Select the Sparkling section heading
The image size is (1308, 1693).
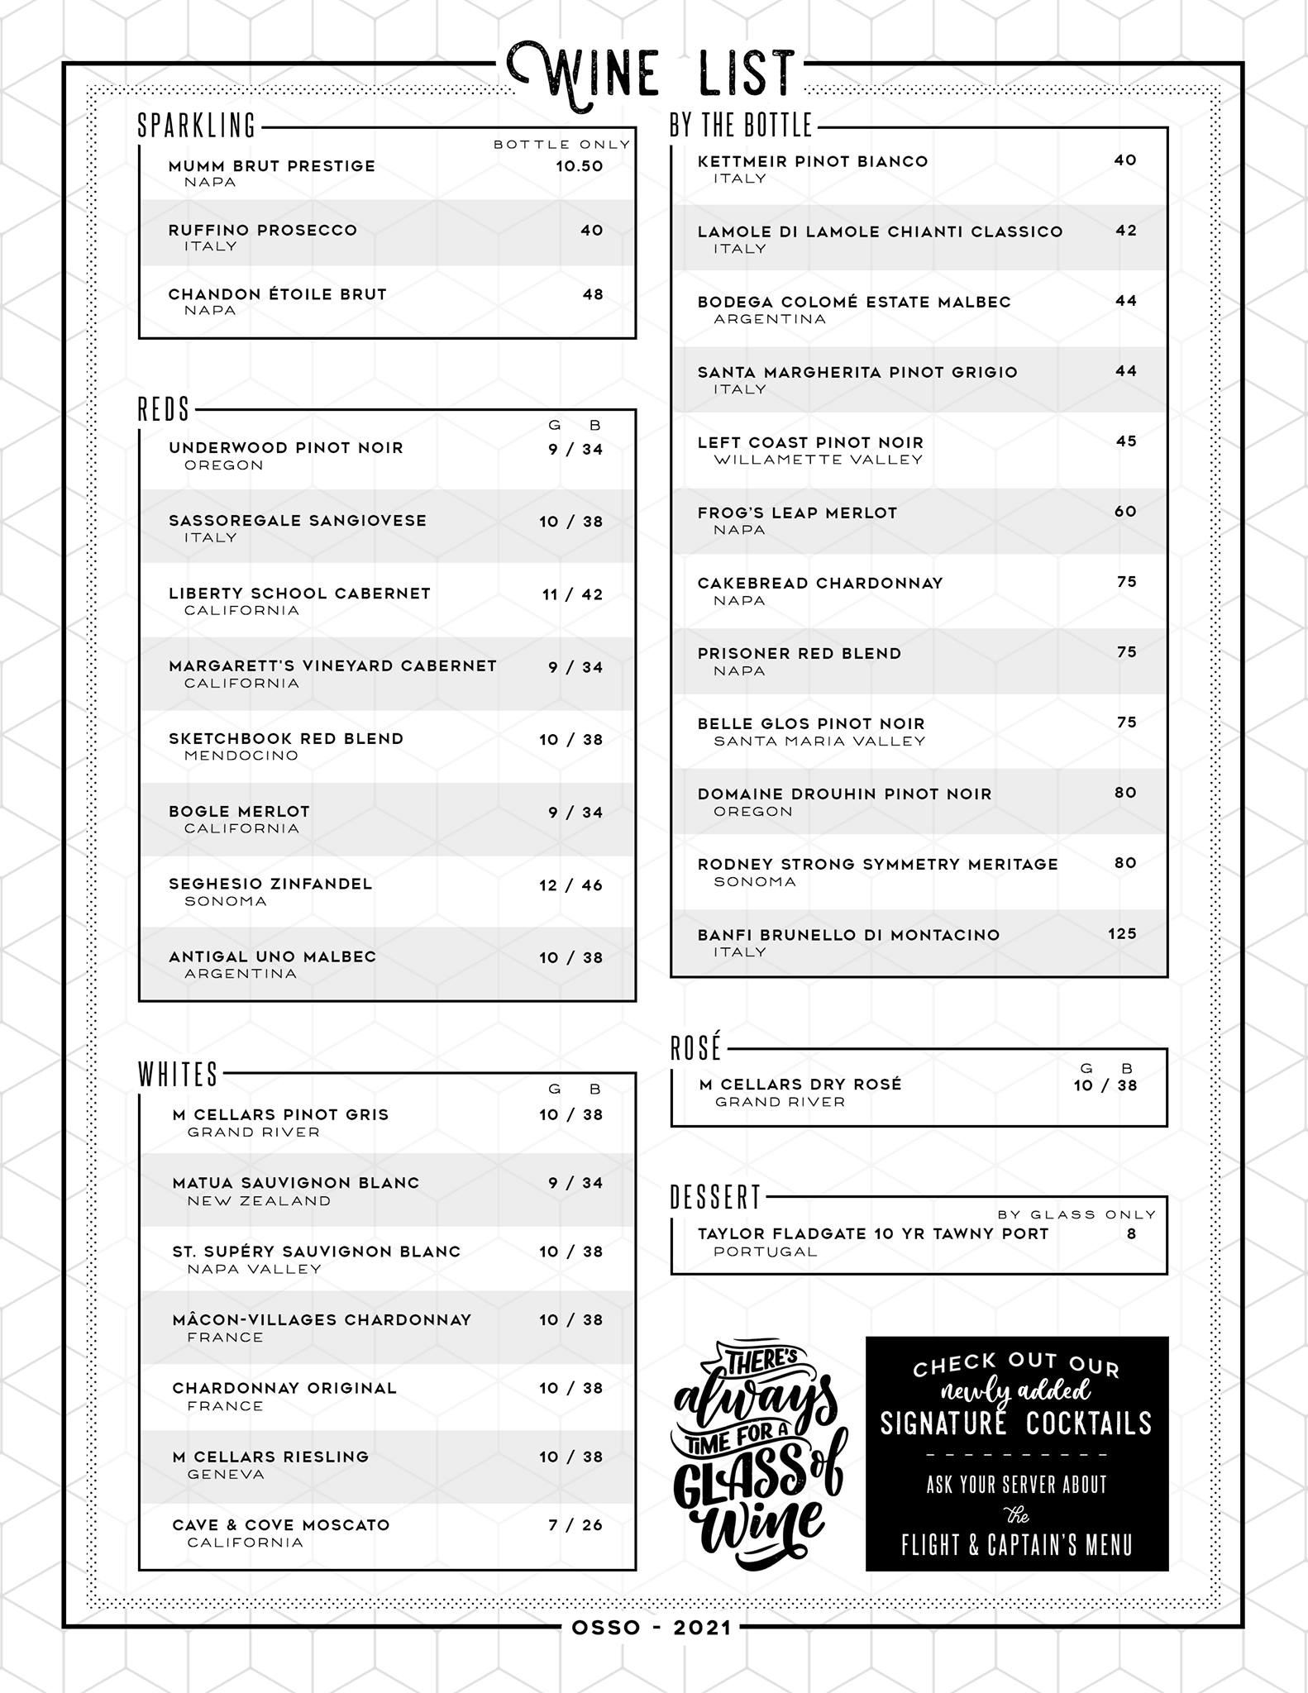[197, 126]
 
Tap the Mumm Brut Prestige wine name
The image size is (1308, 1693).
[271, 166]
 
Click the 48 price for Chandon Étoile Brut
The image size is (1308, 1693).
[593, 294]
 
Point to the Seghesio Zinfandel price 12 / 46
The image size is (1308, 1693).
[570, 885]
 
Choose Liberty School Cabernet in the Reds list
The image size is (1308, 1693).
[299, 594]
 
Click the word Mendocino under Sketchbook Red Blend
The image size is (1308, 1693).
[241, 756]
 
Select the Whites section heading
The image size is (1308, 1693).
[178, 1075]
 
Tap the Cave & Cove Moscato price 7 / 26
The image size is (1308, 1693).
[575, 1525]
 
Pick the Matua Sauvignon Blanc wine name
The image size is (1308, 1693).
[296, 1183]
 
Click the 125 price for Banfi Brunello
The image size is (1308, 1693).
[1122, 933]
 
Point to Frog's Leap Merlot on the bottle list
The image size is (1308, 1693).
[797, 513]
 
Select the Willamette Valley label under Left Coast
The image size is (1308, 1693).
[818, 460]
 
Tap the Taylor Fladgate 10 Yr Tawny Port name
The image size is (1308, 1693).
[872, 1234]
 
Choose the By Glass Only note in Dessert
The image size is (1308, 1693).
[1076, 1214]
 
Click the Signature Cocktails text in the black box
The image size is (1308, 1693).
[1015, 1424]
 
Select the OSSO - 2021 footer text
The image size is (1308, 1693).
[652, 1628]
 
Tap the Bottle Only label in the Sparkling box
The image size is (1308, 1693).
[561, 145]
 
